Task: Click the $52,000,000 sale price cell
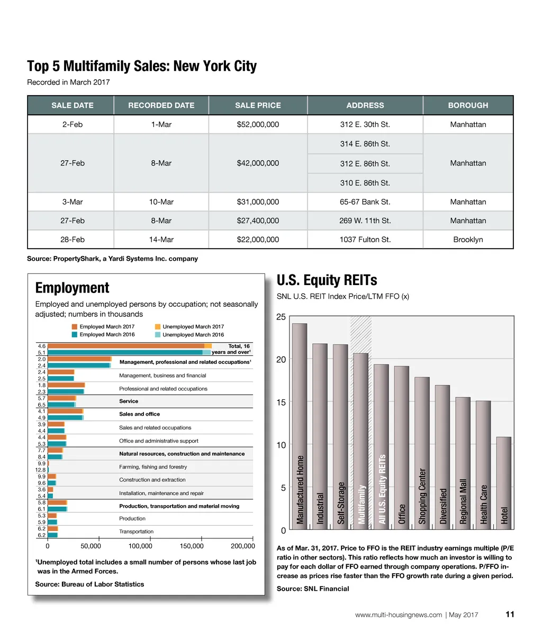tap(258, 125)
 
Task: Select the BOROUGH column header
tap(468, 105)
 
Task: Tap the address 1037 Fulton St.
tap(365, 240)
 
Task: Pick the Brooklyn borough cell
tap(468, 240)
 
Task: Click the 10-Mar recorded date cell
tap(161, 202)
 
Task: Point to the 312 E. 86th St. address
tap(365, 164)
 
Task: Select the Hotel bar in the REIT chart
tap(504, 481)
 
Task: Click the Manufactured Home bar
tap(300, 423)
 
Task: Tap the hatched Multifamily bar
tap(360, 439)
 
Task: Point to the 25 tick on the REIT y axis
tap(281, 317)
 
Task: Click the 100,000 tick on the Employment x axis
tap(140, 546)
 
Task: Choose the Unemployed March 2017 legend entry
tap(193, 327)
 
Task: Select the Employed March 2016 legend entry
tap(106, 335)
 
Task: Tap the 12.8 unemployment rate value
tap(40, 470)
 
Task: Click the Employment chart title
tap(72, 288)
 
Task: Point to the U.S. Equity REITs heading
tap(327, 280)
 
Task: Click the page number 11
tap(510, 615)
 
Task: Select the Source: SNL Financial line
tap(313, 589)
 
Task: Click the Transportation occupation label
tap(136, 532)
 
